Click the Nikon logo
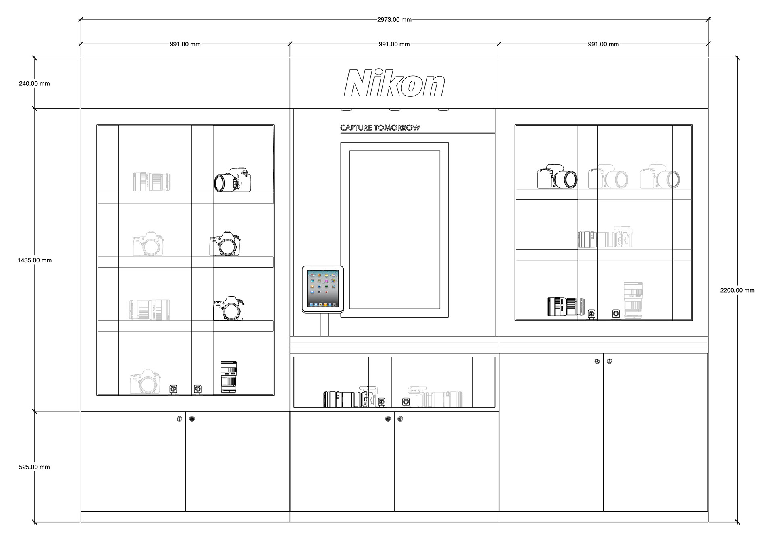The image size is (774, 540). pos(394,83)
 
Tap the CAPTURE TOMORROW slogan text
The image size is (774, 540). pos(380,128)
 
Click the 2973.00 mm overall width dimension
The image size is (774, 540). pos(394,19)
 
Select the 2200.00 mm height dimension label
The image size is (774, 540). pos(737,290)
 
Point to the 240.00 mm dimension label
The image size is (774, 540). pos(34,84)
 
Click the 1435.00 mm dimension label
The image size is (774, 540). pos(35,260)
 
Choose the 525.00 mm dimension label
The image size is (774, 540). pos(34,467)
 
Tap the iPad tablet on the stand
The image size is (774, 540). pos(322,289)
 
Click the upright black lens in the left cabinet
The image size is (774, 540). pos(229,377)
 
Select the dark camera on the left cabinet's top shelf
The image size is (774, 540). pos(233,180)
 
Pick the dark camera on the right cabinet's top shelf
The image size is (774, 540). pos(557,177)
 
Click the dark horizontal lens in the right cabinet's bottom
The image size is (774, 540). pos(566,307)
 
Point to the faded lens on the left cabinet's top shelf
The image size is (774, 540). pos(152,182)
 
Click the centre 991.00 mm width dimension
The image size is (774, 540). pos(394,44)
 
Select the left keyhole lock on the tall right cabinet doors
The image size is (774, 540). pos(597,361)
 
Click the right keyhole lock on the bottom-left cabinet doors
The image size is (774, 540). pos(192,419)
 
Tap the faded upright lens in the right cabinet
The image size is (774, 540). pos(633,301)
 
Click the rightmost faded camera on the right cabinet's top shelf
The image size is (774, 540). pos(660,177)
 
